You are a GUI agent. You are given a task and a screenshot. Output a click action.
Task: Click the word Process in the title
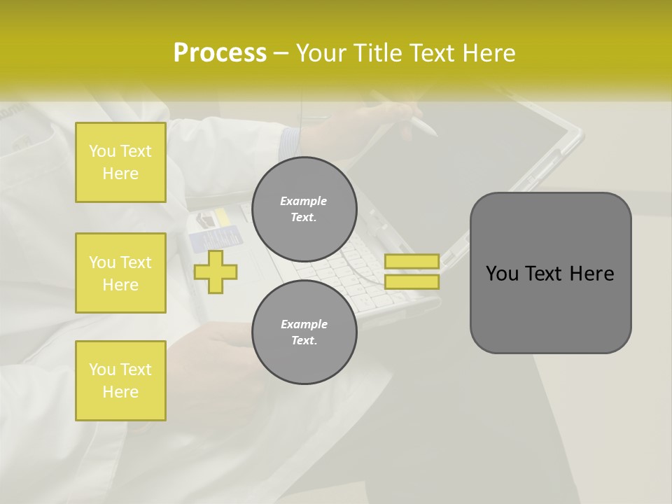pos(220,53)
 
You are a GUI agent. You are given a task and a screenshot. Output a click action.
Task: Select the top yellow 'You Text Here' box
pos(120,162)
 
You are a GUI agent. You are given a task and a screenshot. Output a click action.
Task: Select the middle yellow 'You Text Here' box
pos(120,273)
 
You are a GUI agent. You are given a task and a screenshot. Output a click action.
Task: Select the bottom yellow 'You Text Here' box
pos(120,381)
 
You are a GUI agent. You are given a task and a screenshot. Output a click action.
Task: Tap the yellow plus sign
pos(215,271)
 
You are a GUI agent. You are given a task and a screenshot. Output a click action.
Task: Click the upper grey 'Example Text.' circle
pos(304,209)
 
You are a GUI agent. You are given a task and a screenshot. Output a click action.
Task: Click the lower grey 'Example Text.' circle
pos(304,332)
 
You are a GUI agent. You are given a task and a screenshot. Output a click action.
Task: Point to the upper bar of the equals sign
pos(412,261)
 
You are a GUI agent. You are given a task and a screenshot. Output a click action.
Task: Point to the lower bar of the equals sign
pos(412,282)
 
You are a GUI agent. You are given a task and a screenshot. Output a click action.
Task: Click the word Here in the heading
pos(488,53)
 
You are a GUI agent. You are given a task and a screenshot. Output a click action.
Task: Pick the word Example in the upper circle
pos(304,202)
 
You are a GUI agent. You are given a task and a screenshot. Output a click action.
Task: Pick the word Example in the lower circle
pos(304,325)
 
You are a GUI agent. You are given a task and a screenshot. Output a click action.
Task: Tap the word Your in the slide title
pos(321,53)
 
